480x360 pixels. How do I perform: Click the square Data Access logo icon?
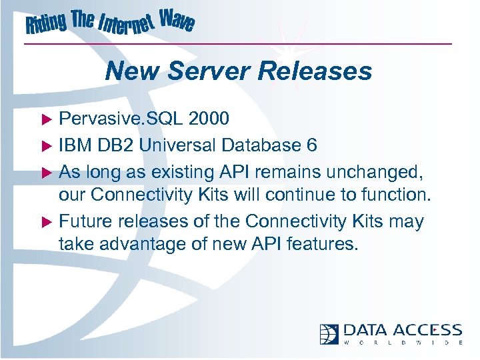pyautogui.click(x=329, y=333)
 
